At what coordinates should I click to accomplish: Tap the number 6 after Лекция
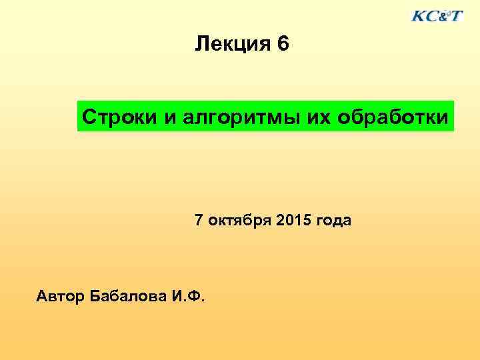pyautogui.click(x=283, y=45)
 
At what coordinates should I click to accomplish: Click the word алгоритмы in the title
pyautogui.click(x=235, y=117)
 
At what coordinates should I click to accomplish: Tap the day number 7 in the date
pyautogui.click(x=199, y=220)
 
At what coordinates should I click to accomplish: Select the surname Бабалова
pyautogui.click(x=129, y=295)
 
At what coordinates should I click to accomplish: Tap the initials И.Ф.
pyautogui.click(x=189, y=295)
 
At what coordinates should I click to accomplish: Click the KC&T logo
pyautogui.click(x=437, y=15)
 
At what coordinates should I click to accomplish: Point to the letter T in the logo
pyautogui.click(x=456, y=16)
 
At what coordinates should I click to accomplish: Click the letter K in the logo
pyautogui.click(x=419, y=16)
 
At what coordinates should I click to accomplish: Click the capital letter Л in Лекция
pyautogui.click(x=200, y=45)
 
